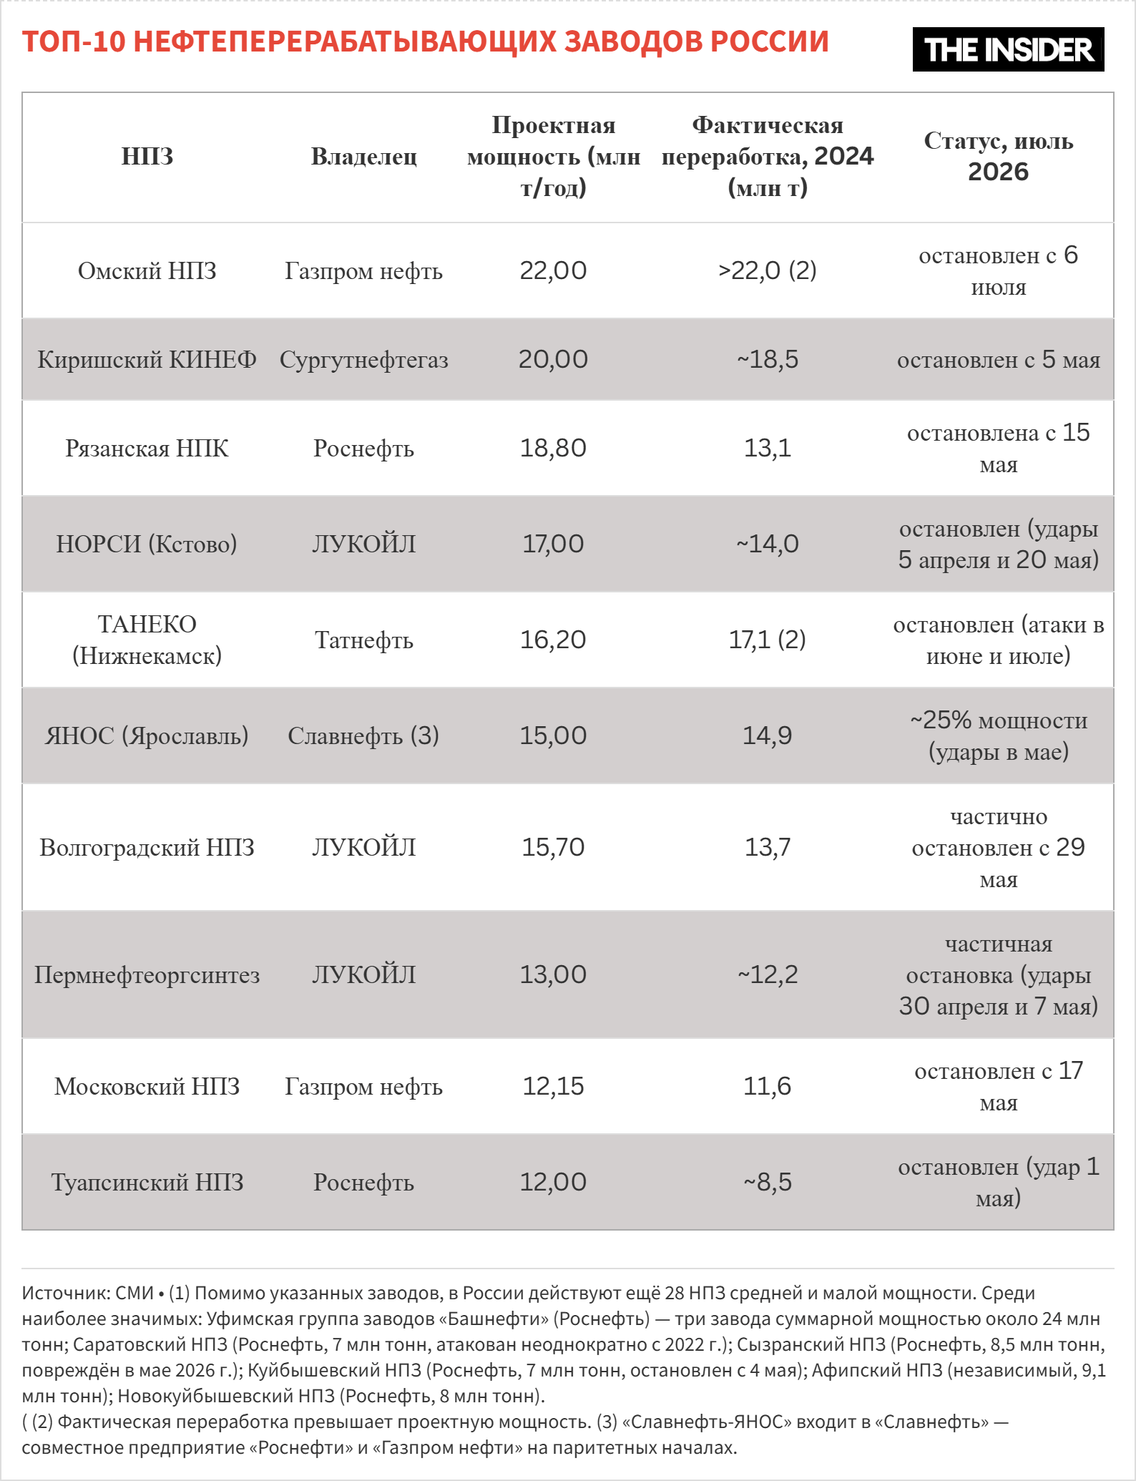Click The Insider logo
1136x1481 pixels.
(1008, 49)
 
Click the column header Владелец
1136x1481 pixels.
(363, 157)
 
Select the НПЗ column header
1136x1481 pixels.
(147, 157)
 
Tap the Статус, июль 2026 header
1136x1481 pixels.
(999, 156)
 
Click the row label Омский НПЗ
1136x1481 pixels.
(147, 271)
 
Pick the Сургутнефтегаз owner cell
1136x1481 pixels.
(363, 360)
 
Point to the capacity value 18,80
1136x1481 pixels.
(553, 448)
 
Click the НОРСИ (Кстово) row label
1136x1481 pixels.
(147, 544)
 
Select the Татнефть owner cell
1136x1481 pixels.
(363, 640)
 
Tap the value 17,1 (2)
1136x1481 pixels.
(767, 640)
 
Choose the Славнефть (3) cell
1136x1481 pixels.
(363, 735)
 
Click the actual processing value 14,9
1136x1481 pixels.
(767, 735)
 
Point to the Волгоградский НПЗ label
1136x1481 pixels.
(147, 848)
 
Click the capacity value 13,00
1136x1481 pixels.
(553, 974)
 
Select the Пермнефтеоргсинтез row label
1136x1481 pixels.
(147, 975)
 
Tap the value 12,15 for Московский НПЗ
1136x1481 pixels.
(553, 1086)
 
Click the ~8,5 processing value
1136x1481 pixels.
(767, 1182)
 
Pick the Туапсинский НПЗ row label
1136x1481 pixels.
(147, 1183)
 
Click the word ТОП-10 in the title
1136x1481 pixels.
(74, 42)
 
